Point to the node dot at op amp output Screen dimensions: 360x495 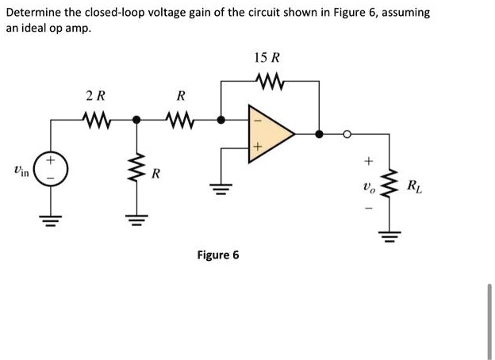(318, 134)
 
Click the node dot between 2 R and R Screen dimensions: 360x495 (136, 120)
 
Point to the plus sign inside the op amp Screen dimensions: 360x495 (255, 147)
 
